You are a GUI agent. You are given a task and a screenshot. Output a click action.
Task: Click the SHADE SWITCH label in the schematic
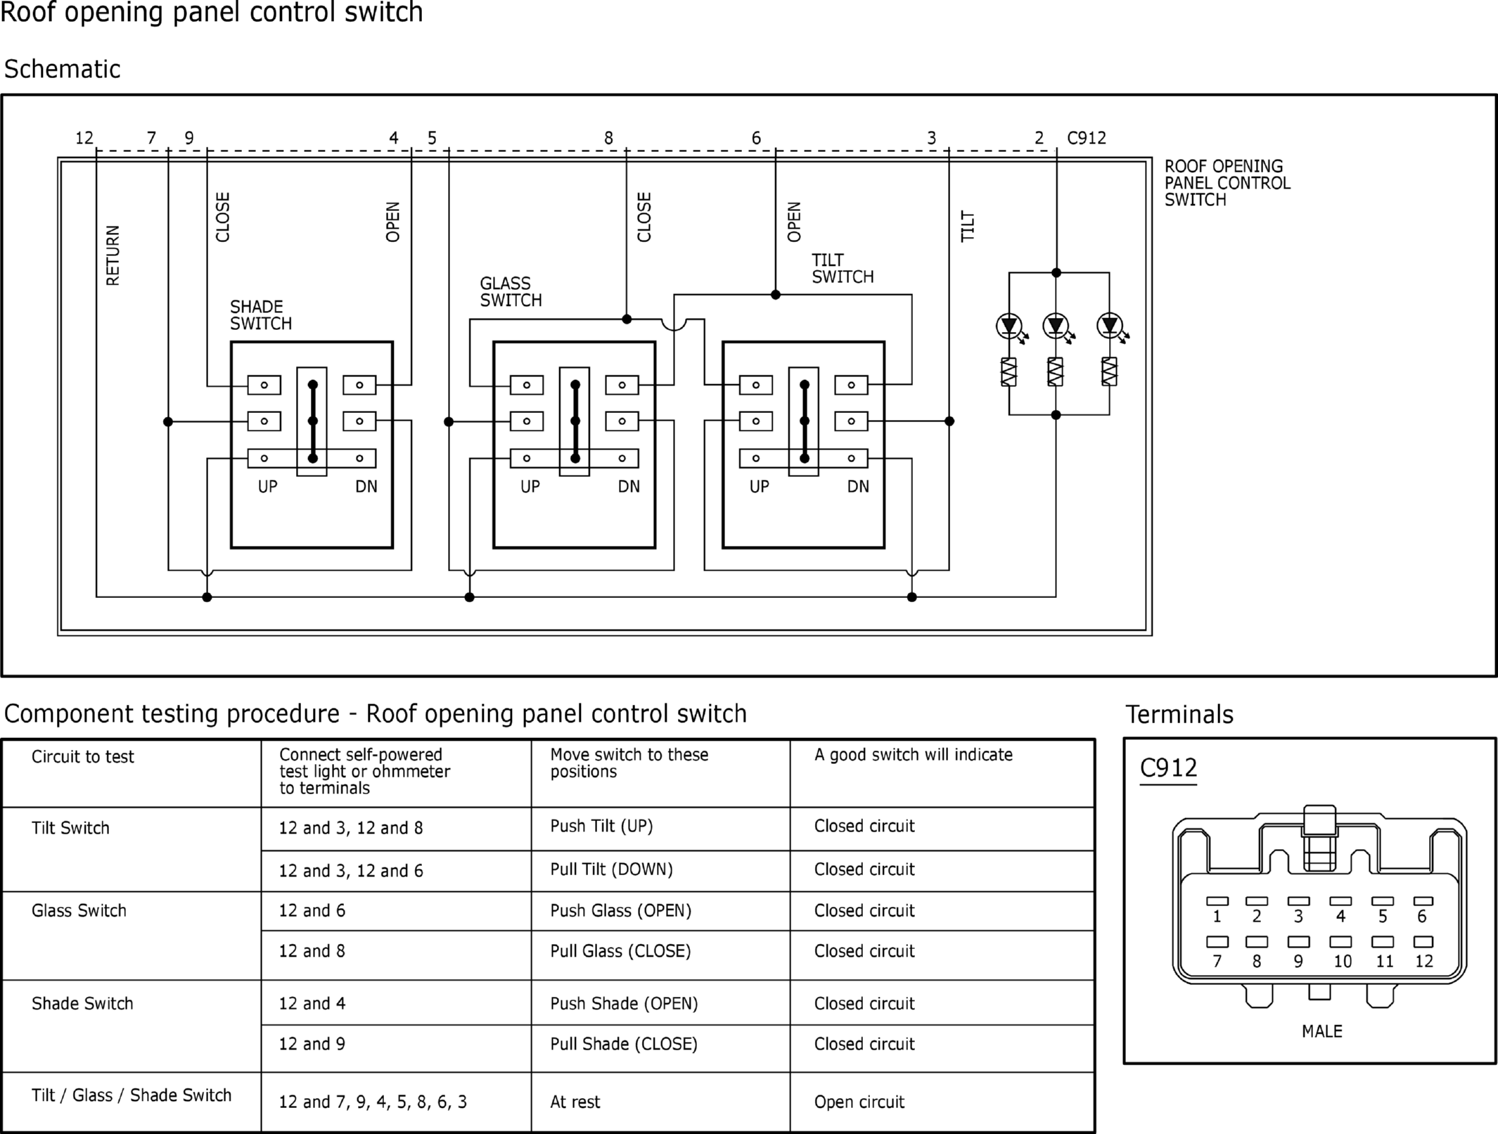pyautogui.click(x=260, y=315)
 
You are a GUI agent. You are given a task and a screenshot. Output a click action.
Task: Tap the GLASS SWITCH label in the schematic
pyautogui.click(x=511, y=292)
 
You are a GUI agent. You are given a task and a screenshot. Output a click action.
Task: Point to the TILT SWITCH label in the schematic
pyautogui.click(x=843, y=269)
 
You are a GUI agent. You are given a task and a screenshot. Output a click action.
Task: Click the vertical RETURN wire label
pyautogui.click(x=113, y=255)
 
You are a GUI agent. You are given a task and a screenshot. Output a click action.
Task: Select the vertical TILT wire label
pyautogui.click(x=968, y=226)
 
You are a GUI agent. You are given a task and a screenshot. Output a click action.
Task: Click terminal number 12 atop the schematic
pyautogui.click(x=84, y=138)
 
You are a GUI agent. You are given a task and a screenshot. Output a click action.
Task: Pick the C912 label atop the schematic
pyautogui.click(x=1087, y=138)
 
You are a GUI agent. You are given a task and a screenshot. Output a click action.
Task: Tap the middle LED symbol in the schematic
pyautogui.click(x=1056, y=326)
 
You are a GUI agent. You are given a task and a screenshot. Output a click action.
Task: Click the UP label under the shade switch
pyautogui.click(x=267, y=486)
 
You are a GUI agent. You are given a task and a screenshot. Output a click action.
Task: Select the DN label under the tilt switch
pyautogui.click(x=858, y=486)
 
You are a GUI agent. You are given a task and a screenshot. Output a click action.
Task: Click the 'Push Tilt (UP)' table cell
pyautogui.click(x=601, y=826)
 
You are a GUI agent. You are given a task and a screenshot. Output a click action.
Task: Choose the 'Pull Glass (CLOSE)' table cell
pyautogui.click(x=620, y=951)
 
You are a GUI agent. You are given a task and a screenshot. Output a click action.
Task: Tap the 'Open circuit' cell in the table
pyautogui.click(x=859, y=1102)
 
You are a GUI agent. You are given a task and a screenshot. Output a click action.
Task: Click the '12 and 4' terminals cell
pyautogui.click(x=312, y=1003)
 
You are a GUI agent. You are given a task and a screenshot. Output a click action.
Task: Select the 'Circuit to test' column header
pyautogui.click(x=82, y=756)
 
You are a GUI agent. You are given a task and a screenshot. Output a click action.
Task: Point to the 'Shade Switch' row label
pyautogui.click(x=82, y=1003)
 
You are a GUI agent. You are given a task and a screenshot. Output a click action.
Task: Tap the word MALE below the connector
pyautogui.click(x=1321, y=1031)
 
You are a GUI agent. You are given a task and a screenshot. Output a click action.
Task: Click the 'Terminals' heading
pyautogui.click(x=1179, y=714)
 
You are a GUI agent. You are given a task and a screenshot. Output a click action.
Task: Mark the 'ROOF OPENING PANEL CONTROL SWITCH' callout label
pyautogui.click(x=1227, y=183)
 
